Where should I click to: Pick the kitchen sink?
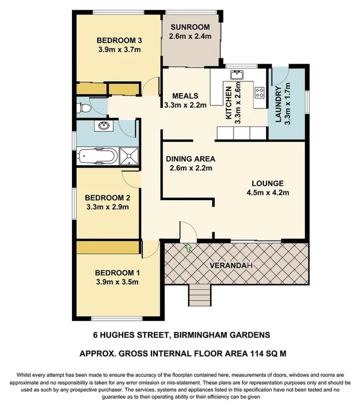(x=236, y=76)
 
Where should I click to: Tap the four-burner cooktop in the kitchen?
(x=259, y=93)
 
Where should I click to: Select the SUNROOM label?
(x=189, y=27)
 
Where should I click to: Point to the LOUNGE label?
(x=267, y=184)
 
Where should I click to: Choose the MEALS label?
(x=185, y=96)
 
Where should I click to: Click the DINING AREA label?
(x=190, y=159)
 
